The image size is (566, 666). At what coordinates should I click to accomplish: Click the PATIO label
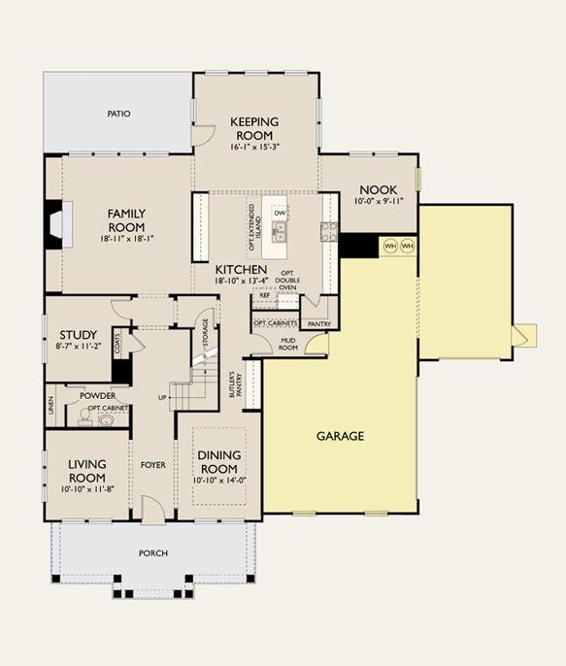click(x=118, y=114)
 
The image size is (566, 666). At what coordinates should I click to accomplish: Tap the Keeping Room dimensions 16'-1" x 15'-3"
click(x=254, y=148)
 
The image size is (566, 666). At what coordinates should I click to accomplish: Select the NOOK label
click(x=379, y=190)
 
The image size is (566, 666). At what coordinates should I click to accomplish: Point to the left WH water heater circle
click(x=390, y=246)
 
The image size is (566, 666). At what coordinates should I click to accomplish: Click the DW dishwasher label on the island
click(x=280, y=214)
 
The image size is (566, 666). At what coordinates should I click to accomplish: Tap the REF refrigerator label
click(x=264, y=295)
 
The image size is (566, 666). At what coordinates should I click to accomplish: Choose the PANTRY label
click(x=319, y=324)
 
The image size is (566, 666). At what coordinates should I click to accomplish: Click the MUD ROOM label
click(x=288, y=344)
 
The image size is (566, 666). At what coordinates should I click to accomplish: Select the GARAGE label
click(x=340, y=436)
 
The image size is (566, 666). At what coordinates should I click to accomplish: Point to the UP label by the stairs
click(x=162, y=398)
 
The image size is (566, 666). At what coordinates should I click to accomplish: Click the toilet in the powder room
click(x=84, y=417)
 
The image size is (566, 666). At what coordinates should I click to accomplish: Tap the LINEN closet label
click(x=51, y=406)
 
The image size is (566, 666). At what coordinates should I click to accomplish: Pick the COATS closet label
click(x=117, y=344)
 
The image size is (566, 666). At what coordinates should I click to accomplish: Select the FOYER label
click(x=153, y=465)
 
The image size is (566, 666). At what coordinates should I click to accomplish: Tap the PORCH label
click(x=153, y=553)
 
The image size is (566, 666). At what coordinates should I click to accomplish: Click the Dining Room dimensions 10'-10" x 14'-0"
click(x=219, y=481)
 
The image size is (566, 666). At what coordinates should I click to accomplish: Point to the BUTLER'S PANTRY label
click(x=235, y=384)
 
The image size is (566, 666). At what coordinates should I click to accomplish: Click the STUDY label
click(x=78, y=335)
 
